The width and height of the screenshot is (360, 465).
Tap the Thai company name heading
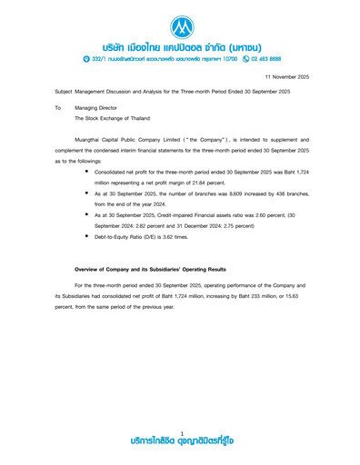180,45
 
